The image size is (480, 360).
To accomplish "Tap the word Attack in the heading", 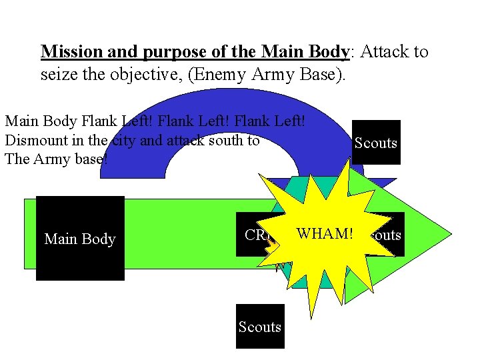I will pos(385,52).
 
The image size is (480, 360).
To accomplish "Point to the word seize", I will pos(59,75).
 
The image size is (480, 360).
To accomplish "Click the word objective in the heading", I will pos(145,75).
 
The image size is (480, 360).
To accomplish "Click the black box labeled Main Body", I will pos(80,238).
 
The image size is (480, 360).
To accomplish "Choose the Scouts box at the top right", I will pos(376,143).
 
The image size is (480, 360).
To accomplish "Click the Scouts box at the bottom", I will pos(260,327).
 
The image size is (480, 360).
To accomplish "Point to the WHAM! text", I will pos(325,234).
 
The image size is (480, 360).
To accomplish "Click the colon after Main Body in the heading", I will pos(352,52).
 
